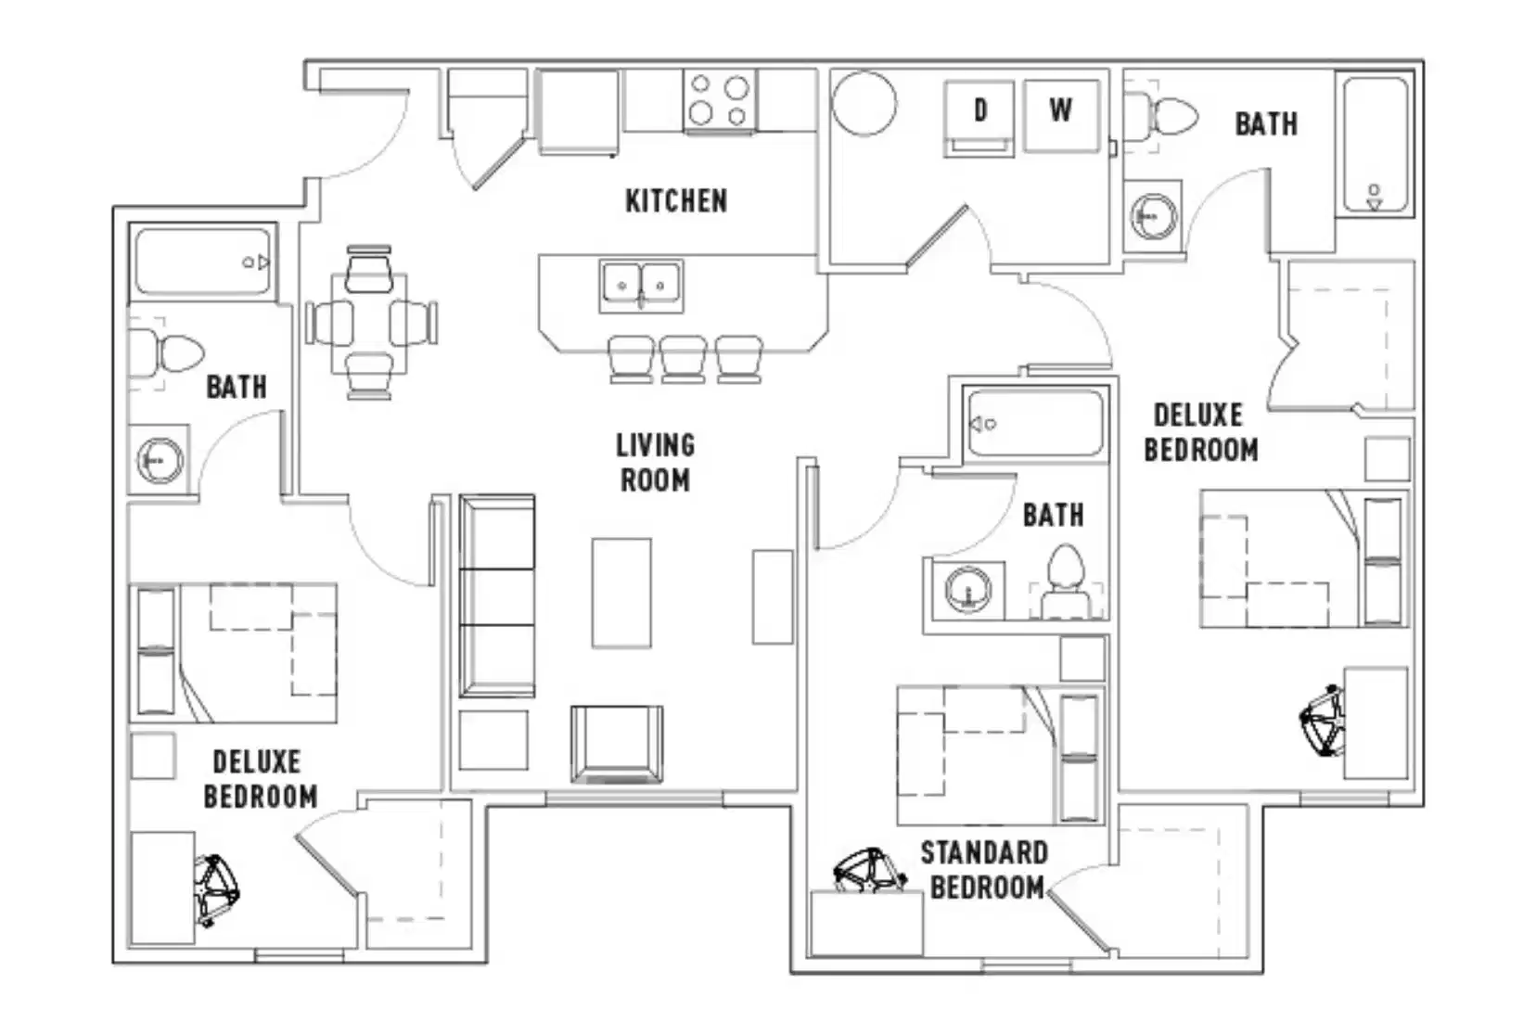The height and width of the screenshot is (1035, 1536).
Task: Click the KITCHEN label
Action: click(x=675, y=200)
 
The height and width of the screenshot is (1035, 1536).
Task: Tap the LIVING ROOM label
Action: click(x=655, y=462)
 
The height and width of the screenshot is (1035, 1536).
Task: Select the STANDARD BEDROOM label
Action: click(x=985, y=870)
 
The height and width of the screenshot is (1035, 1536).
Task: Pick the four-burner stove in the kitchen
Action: click(x=719, y=101)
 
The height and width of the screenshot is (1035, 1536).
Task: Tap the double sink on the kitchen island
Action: click(x=641, y=286)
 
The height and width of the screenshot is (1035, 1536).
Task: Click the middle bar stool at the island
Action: click(x=684, y=359)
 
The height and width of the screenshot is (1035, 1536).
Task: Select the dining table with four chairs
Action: click(x=370, y=322)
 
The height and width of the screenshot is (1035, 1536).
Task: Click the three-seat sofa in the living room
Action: click(x=497, y=595)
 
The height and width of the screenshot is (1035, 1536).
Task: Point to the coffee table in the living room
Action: click(x=621, y=593)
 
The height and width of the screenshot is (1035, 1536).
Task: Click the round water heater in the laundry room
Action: click(x=864, y=103)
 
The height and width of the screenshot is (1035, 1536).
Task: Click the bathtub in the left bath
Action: click(x=202, y=262)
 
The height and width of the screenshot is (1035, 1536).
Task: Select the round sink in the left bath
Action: click(x=160, y=460)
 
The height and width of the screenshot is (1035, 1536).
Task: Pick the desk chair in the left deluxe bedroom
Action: click(x=216, y=889)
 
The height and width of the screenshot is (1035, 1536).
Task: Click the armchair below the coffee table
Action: click(x=617, y=744)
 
